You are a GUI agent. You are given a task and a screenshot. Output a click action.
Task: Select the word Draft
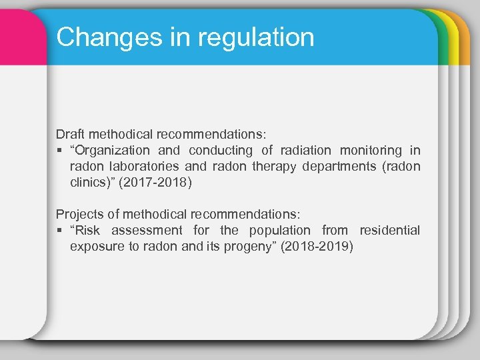(71, 133)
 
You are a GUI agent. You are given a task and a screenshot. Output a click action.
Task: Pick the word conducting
(221, 150)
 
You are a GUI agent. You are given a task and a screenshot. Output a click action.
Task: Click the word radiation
(305, 150)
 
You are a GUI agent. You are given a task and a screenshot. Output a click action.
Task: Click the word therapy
(275, 166)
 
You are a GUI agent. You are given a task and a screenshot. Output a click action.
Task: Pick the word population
(279, 230)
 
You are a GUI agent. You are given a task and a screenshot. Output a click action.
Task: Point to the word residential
(389, 230)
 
